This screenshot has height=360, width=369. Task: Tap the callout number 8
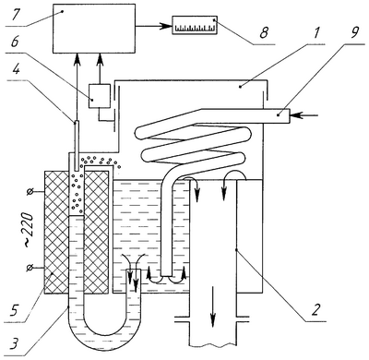264,33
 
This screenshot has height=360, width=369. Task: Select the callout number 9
354,32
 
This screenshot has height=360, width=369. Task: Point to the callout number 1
316,32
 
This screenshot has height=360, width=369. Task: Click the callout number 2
315,310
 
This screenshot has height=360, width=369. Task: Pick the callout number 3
14,344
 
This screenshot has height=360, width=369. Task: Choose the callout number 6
14,42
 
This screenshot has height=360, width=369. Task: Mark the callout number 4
16,70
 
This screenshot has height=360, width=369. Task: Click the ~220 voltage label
28,230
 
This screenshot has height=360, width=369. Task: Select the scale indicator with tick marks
195,25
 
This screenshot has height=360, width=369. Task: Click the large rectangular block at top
94,29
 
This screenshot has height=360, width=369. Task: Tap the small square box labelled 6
100,96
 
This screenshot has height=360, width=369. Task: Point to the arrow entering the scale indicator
153,27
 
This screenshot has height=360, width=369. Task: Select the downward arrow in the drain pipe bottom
212,304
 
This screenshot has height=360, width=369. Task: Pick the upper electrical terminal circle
30,192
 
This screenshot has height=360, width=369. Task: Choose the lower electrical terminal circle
30,269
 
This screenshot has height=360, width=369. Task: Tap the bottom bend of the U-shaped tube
103,342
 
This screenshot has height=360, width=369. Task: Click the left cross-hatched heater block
56,232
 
